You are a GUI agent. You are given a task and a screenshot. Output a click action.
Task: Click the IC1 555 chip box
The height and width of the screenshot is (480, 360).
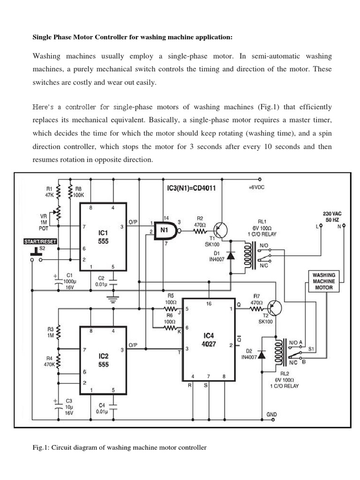pos(103,237)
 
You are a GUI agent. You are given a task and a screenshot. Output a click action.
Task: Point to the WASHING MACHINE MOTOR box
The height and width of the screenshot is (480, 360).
pos(324,281)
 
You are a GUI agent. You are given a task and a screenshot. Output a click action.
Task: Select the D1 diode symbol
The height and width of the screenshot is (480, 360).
pos(231,257)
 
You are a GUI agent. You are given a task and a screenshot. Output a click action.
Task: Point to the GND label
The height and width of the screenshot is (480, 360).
pos(271,415)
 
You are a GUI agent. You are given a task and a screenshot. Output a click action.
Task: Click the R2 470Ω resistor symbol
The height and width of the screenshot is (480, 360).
pos(199,231)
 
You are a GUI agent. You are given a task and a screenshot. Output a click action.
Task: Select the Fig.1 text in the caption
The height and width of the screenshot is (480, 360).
pos(40,448)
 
